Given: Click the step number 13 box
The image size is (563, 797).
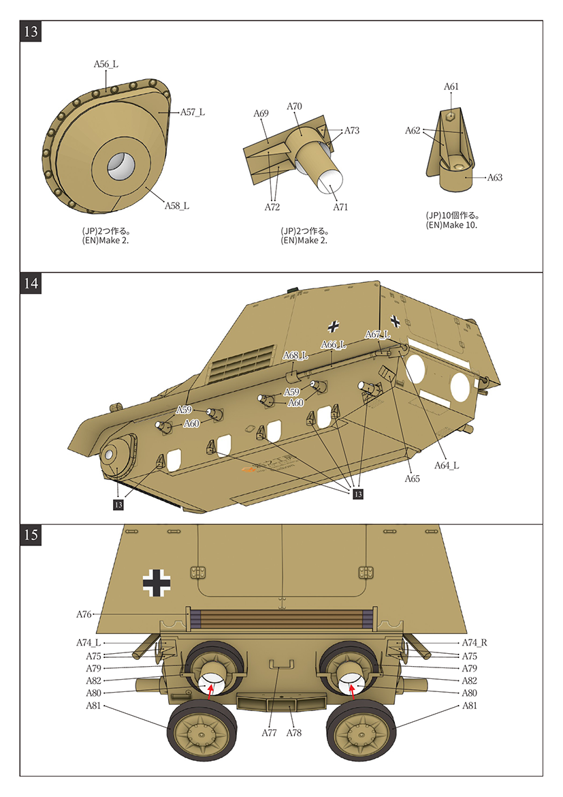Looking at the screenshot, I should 31,32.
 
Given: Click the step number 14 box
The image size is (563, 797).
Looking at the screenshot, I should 31,284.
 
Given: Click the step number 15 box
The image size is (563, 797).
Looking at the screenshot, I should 31,535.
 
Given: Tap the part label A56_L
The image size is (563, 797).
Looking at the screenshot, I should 106,64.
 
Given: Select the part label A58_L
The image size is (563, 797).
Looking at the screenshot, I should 176,206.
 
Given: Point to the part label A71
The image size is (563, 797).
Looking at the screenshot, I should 340,207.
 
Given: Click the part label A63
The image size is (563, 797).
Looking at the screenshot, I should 495,177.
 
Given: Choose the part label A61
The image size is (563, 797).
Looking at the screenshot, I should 451,87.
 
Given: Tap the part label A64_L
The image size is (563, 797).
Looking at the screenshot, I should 447,466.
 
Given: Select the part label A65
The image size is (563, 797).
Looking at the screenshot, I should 411,479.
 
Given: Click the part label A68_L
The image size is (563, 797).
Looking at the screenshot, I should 295,355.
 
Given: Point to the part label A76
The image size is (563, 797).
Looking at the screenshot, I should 84,614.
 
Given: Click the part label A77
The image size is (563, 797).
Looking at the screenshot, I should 270,733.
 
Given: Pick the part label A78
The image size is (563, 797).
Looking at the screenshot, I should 293,733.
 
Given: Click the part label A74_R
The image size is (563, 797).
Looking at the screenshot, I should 474,643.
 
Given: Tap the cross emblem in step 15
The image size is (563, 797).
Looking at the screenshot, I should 157,583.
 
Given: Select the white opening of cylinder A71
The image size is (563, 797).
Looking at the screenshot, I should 329,183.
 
